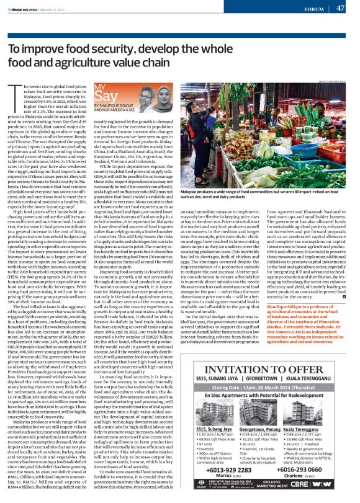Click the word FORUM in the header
coord(315,8)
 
